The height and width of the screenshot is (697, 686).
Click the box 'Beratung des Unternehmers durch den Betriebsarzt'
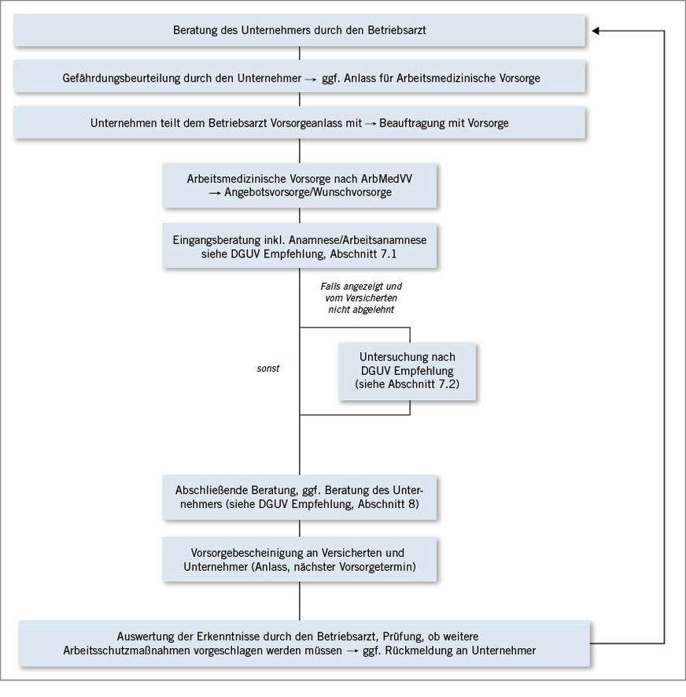click(x=300, y=31)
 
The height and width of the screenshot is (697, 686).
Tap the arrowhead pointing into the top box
click(x=596, y=31)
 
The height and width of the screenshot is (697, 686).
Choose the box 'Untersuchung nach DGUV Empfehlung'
click(x=407, y=370)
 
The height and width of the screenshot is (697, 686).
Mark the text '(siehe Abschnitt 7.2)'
click(x=407, y=384)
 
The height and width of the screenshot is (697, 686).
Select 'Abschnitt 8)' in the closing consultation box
click(x=393, y=504)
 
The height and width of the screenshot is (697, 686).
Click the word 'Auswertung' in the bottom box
click(x=144, y=636)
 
